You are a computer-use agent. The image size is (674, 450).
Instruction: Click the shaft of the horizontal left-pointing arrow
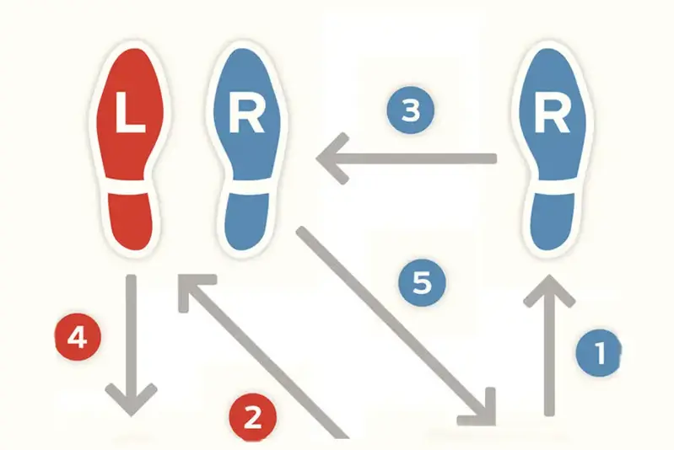(422, 158)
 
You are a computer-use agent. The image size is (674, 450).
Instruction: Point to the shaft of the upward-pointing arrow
(550, 354)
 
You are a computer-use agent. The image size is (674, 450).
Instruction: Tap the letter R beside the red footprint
(245, 117)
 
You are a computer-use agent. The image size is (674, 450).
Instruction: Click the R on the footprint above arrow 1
(551, 117)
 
